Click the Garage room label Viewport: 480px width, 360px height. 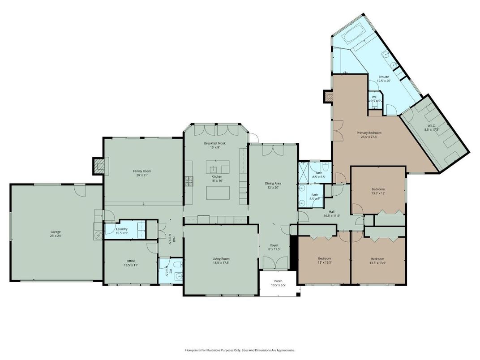pos(56,219)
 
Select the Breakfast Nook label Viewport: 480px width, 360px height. pos(215,143)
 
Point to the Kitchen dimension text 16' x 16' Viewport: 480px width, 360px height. pos(217,181)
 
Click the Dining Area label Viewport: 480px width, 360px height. pos(273,183)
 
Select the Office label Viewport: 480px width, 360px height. pos(130,261)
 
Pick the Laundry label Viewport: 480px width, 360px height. pos(122,229)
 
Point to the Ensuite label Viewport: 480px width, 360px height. pos(384,77)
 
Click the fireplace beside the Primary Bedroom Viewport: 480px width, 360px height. pos(327,95)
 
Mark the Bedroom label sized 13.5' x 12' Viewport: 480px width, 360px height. pos(377,189)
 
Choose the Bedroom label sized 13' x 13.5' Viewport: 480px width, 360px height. pos(325,259)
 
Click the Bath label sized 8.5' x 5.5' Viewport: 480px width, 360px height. pos(319,173)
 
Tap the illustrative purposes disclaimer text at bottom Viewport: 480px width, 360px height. pos(240,350)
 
